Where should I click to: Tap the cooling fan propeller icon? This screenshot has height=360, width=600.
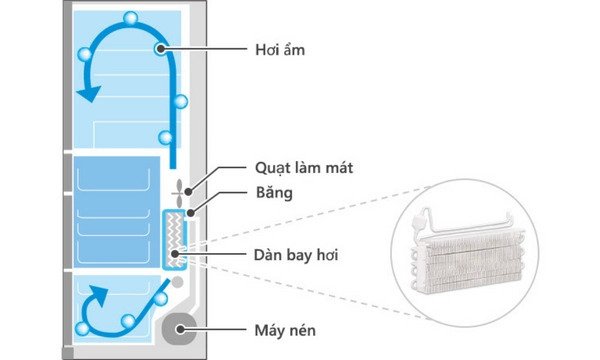coord(180,192)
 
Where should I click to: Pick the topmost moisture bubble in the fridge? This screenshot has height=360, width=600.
coord(130,18)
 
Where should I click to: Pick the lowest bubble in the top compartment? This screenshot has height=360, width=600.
coord(166,138)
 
